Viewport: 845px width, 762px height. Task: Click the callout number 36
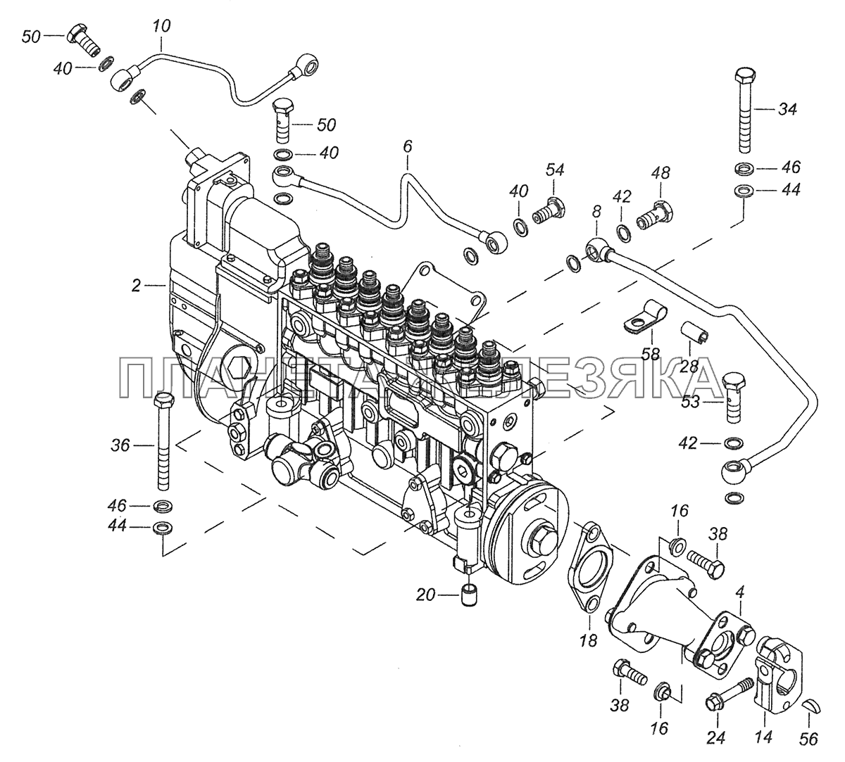pyautogui.click(x=120, y=445)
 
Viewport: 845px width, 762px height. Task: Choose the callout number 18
pyautogui.click(x=589, y=640)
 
